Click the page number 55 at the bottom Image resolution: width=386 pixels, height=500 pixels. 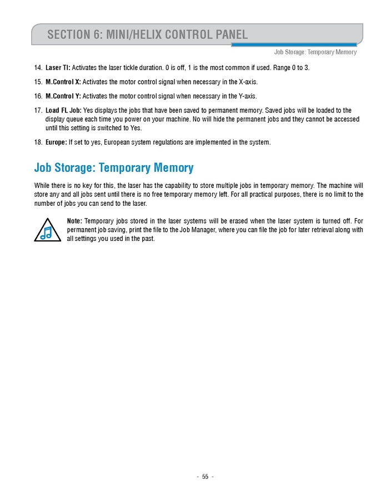[205, 477]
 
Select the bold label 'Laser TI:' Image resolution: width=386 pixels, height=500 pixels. [58, 68]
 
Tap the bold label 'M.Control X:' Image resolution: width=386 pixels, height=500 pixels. [63, 82]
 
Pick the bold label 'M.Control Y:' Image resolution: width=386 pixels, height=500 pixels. [63, 96]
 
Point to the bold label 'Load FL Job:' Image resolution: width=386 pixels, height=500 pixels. [63, 111]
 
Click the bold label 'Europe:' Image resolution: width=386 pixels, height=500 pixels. [56, 142]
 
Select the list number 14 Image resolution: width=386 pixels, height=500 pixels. [38, 68]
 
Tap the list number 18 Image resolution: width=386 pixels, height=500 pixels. [38, 142]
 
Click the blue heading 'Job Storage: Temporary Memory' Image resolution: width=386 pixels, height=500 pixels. [114, 167]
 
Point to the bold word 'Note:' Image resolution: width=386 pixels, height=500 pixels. [74, 221]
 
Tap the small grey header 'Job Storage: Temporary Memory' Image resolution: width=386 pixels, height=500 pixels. [315, 52]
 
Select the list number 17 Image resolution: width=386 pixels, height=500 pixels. [38, 111]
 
